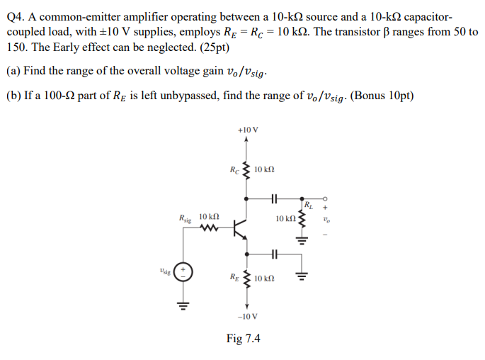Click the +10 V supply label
click(x=249, y=130)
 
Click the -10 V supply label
click(x=248, y=316)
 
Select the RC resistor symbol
click(x=246, y=169)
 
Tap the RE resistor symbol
click(x=246, y=279)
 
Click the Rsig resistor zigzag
click(x=209, y=228)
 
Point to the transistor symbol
click(x=240, y=228)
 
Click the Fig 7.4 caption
click(x=243, y=339)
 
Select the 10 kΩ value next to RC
click(x=263, y=169)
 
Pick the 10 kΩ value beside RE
click(x=263, y=279)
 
